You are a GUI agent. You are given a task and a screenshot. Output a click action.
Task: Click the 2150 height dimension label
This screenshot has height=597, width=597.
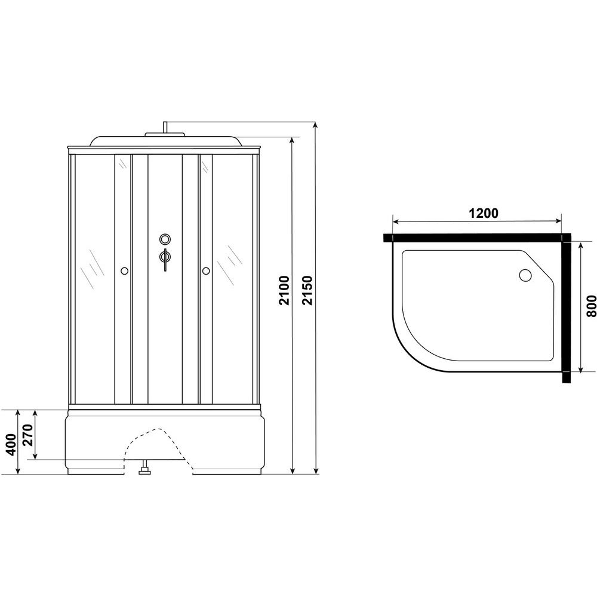tap(307, 290)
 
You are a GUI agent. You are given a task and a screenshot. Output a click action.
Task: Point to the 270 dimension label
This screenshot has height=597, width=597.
tap(29, 435)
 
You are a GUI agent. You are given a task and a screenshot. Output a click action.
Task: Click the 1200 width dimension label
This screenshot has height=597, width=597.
tap(483, 213)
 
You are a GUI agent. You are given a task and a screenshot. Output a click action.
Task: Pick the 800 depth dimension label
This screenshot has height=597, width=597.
tap(590, 306)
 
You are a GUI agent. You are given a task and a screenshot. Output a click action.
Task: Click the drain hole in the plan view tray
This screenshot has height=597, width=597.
tap(526, 275)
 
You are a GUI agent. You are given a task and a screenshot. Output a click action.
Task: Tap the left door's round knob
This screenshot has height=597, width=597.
tap(124, 271)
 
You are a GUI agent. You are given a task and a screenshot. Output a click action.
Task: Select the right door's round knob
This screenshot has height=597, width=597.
tap(206, 271)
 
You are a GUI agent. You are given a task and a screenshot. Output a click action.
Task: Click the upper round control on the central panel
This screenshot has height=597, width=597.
tap(165, 239)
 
